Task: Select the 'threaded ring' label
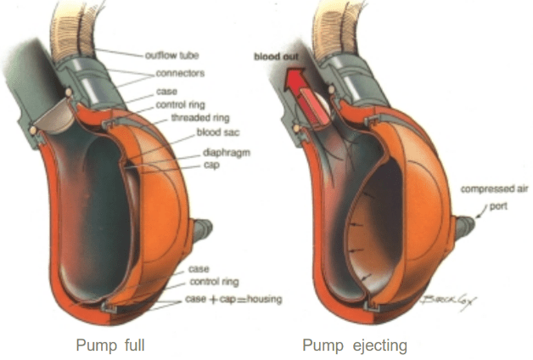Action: pyautogui.click(x=197, y=118)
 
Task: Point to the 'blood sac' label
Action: pyautogui.click(x=215, y=134)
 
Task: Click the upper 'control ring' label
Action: pyautogui.click(x=178, y=105)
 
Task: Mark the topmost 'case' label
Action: pyautogui.click(x=166, y=92)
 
